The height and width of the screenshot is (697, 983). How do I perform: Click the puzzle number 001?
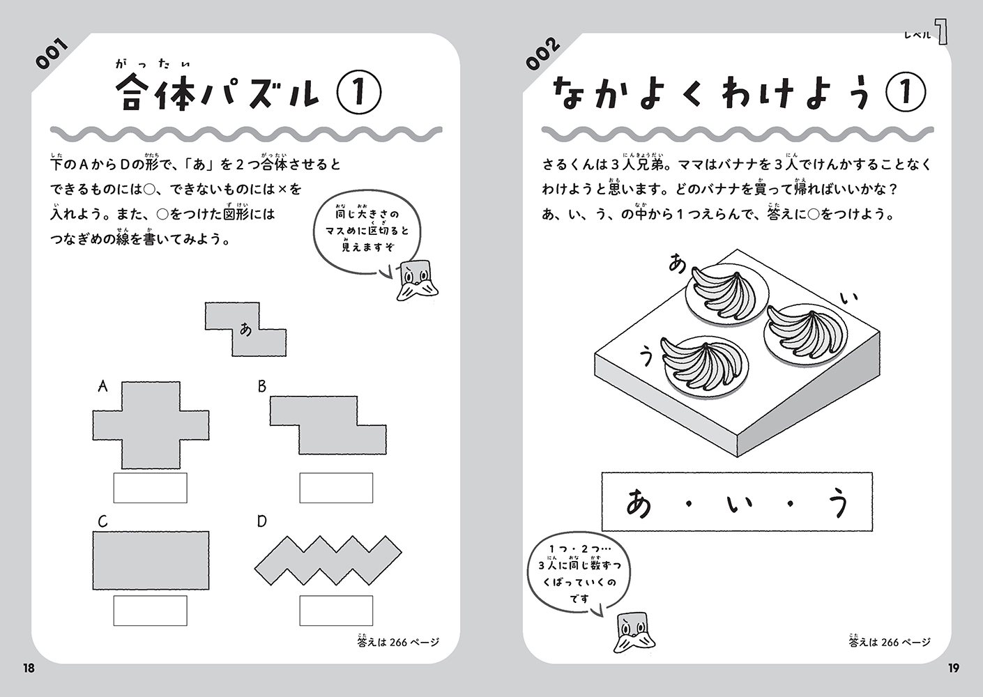[52, 54]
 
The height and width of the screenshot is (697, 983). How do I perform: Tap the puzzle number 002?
[543, 54]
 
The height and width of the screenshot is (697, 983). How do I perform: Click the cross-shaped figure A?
[151, 425]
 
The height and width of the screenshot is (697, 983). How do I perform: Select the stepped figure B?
[328, 425]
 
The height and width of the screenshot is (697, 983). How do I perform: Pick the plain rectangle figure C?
[151, 560]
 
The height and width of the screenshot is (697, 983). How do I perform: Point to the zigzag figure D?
[328, 560]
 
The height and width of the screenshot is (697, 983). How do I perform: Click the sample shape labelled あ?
[245, 329]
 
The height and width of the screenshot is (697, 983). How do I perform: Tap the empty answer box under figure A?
[151, 488]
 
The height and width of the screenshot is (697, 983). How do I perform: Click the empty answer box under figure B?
[337, 488]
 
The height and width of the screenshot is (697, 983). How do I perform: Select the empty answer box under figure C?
[151, 611]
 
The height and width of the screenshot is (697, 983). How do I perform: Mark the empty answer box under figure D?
[337, 611]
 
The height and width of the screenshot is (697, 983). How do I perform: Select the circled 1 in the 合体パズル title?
[358, 93]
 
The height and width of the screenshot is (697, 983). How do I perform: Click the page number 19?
[954, 668]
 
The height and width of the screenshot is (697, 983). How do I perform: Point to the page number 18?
[29, 668]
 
